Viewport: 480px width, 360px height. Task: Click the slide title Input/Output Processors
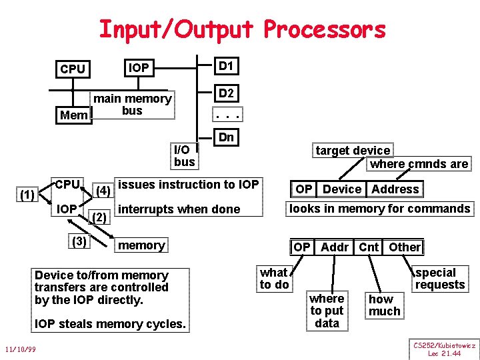(x=242, y=29)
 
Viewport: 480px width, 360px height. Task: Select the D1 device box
(x=226, y=66)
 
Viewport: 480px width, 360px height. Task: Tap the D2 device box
(x=226, y=93)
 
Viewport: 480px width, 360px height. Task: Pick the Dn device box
(x=226, y=137)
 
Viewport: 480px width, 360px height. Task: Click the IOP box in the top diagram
(x=139, y=67)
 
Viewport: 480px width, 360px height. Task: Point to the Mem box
(x=73, y=115)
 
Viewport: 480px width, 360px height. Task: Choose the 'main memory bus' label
(x=132, y=105)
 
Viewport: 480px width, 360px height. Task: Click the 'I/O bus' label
(x=184, y=155)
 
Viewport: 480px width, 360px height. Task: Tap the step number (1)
(x=27, y=195)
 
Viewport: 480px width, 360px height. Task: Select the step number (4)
(x=103, y=191)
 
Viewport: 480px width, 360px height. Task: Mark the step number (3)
(x=79, y=241)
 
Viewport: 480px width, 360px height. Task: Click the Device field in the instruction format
(x=342, y=189)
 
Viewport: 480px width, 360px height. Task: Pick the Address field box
(x=395, y=189)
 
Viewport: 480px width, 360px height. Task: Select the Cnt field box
(x=369, y=247)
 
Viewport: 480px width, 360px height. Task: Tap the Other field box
(x=405, y=247)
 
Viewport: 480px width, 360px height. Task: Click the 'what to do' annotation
(x=274, y=279)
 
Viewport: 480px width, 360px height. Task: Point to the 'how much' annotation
(x=385, y=305)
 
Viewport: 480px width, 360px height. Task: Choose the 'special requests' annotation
(x=439, y=279)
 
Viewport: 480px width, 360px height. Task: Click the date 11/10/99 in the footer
(x=20, y=349)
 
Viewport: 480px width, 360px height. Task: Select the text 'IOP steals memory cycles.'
(x=111, y=325)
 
